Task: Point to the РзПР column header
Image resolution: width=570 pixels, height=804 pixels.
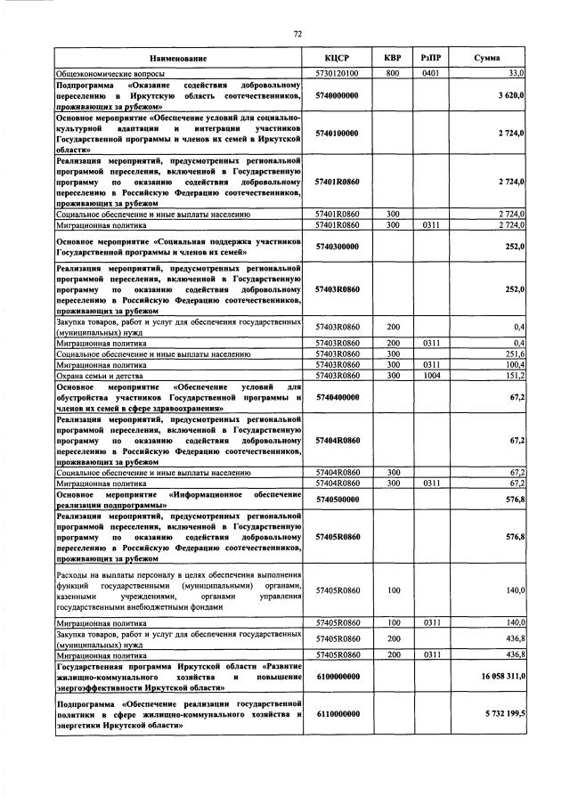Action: tap(430, 57)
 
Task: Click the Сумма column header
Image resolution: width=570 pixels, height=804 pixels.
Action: tap(486, 57)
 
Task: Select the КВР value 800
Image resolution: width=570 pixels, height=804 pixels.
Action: tap(392, 72)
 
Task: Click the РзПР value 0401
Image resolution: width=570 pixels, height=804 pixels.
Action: tap(430, 72)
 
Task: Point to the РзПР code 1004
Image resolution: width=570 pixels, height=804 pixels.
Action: tap(430, 376)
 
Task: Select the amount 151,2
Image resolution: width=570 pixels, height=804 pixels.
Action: tap(514, 376)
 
